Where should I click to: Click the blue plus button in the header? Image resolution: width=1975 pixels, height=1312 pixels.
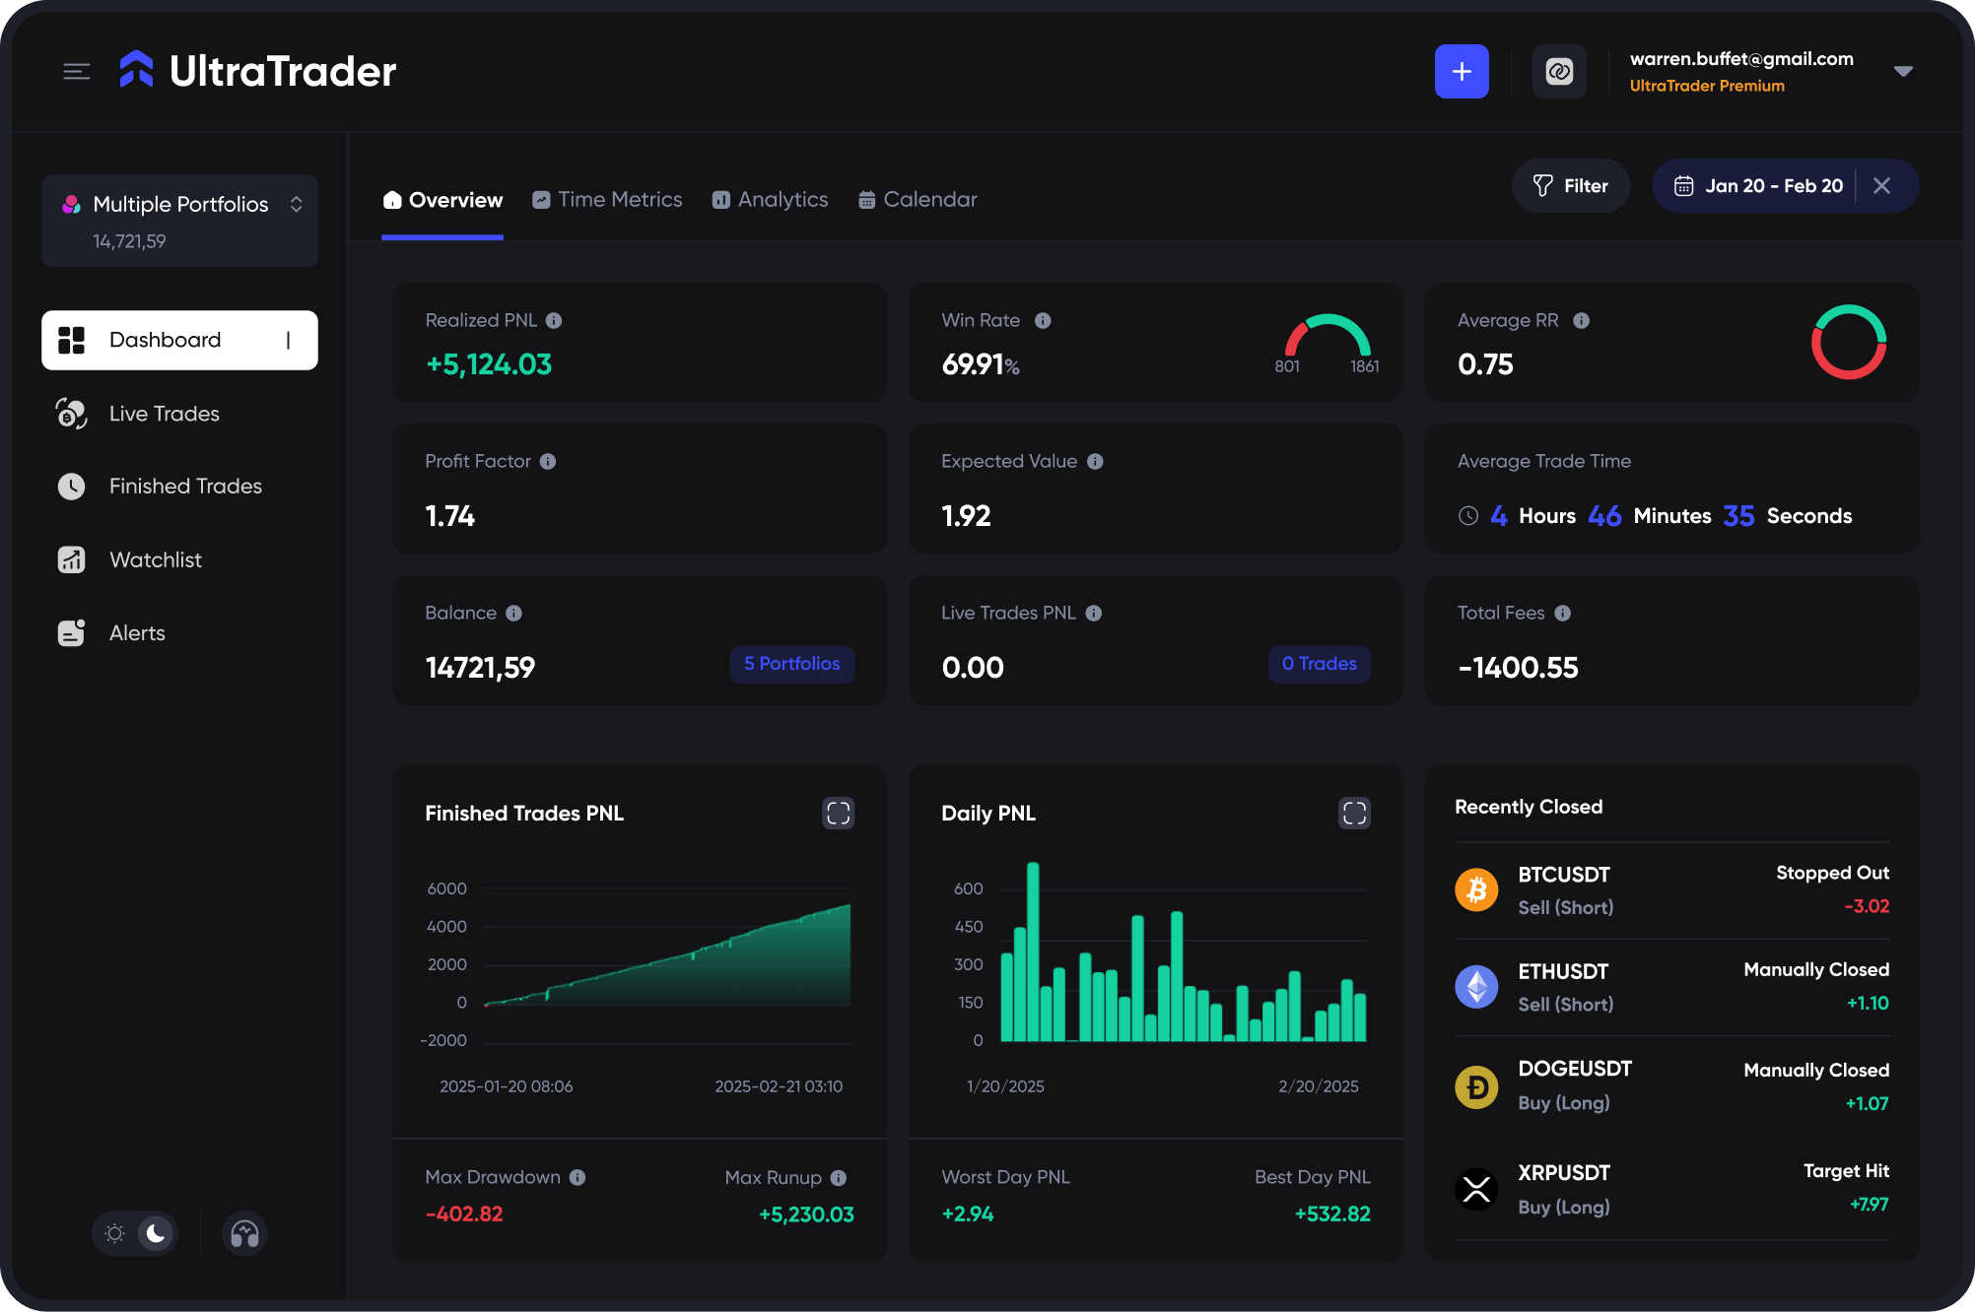point(1462,71)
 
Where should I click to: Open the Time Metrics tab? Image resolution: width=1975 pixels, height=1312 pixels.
point(607,200)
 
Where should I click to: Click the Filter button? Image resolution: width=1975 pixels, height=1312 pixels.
point(1570,186)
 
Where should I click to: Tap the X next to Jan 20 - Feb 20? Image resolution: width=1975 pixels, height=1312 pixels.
point(1881,186)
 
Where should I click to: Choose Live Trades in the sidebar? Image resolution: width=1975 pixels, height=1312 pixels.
point(164,414)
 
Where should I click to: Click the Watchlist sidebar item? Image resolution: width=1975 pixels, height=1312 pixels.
point(155,559)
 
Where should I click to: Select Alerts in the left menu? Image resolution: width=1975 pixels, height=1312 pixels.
point(137,633)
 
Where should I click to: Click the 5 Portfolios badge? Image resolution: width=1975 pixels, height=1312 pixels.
point(791,664)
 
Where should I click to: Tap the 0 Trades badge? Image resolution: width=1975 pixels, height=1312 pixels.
point(1319,664)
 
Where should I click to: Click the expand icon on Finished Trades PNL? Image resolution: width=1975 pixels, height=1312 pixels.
point(838,814)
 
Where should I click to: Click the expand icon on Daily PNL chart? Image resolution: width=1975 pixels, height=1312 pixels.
point(1354,814)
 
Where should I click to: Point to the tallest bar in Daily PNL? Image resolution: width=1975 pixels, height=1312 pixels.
point(1033,951)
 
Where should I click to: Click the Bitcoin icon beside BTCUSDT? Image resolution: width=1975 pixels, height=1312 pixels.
point(1476,890)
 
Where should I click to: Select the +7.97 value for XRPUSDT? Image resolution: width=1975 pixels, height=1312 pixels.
point(1869,1205)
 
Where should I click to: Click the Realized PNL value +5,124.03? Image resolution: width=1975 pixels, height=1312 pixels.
point(489,364)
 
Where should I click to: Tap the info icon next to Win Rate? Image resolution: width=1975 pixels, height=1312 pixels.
point(1043,321)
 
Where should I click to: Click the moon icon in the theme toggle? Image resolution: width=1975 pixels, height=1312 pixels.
point(155,1233)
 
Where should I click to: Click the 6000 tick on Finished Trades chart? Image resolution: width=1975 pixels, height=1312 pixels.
point(446,888)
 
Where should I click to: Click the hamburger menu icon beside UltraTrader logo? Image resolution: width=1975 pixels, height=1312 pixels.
point(77,71)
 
